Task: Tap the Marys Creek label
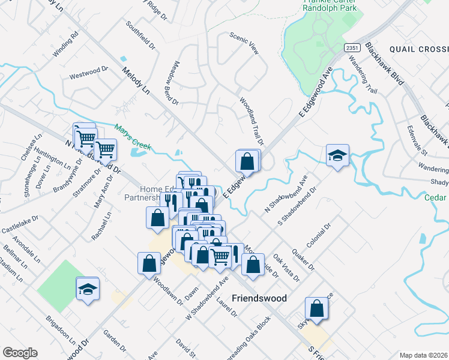pos(133,137)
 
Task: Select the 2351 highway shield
pos(352,47)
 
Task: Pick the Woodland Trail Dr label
pos(252,121)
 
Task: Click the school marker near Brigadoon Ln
pos(87,290)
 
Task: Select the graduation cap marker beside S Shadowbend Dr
pos(337,155)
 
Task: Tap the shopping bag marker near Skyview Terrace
pos(316,309)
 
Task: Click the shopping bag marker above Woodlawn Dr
pos(149,263)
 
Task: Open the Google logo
pos(20,353)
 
